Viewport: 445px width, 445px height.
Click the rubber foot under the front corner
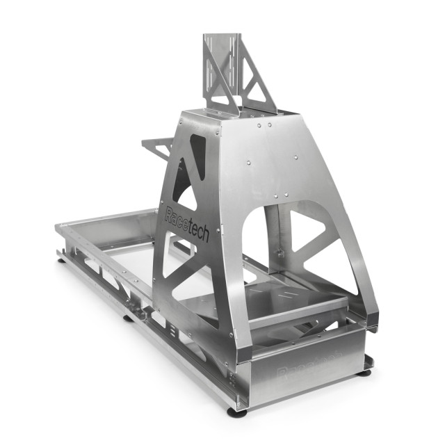click(237, 412)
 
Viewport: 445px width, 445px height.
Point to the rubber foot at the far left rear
click(62, 261)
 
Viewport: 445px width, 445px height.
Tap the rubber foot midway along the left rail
click(129, 318)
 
